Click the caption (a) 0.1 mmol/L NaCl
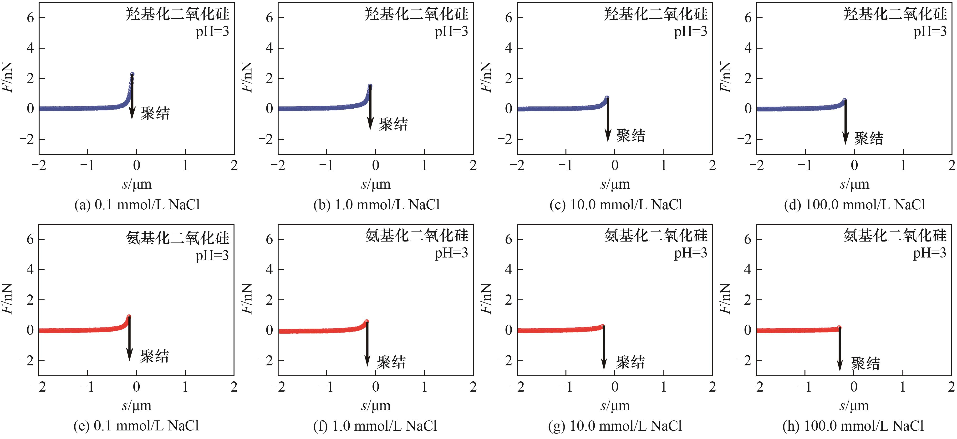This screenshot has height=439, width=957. pos(137,205)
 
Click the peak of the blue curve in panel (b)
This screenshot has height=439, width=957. pos(370,86)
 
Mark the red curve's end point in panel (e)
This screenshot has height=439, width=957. pos(129,316)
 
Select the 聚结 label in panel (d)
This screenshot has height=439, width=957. pos(869,139)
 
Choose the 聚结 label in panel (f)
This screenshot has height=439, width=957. pos(391,362)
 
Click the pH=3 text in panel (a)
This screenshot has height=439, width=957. pos(213,32)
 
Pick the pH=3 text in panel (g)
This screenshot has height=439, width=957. pos(691,253)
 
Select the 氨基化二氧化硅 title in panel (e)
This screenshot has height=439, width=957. pos(178,238)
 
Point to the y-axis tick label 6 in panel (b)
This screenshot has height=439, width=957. pos(269,18)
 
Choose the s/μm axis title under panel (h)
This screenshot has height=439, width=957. pos(854,406)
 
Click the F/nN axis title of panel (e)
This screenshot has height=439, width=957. pos(7,299)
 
